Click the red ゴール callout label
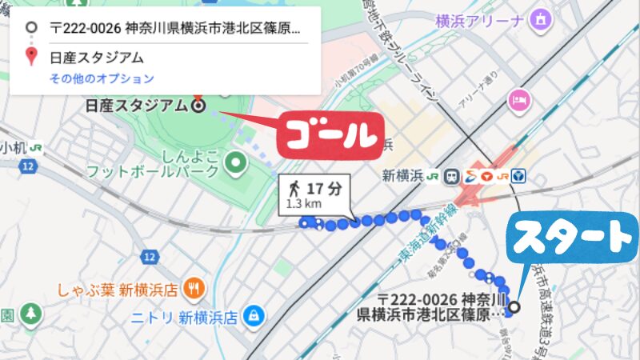[x=327, y=134]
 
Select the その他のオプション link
[x=102, y=78]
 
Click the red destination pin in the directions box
[x=31, y=56]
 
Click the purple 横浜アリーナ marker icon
[x=542, y=18]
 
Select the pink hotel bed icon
[x=518, y=99]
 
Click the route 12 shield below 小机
[x=29, y=166]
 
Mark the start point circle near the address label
[x=514, y=306]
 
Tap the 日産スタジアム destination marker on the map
[x=198, y=104]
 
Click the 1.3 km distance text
[x=298, y=205]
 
